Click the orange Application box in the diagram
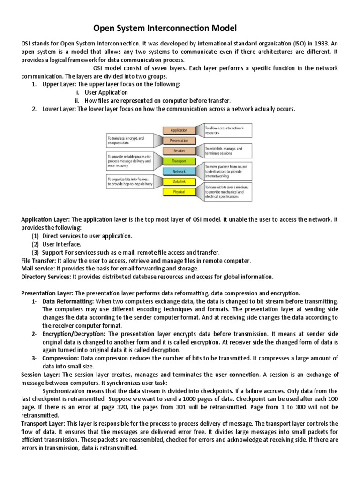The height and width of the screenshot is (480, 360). point(180,130)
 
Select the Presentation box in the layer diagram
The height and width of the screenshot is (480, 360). point(180,141)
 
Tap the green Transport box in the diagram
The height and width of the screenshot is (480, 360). point(180,161)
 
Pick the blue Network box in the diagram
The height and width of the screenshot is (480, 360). point(180,172)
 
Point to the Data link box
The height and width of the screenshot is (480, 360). point(180,182)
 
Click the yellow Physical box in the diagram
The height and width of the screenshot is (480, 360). point(180,192)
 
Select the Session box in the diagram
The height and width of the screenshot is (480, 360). point(180,151)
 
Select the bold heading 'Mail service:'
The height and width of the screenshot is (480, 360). point(38,269)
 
